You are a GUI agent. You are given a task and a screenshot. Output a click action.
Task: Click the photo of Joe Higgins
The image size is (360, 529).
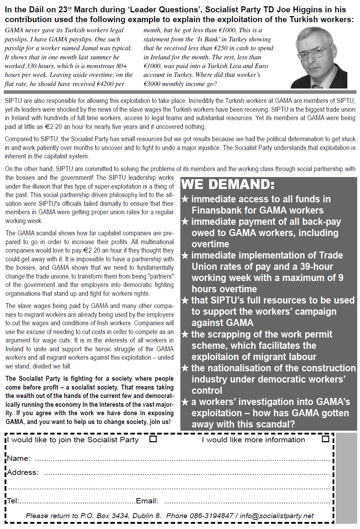[x=319, y=57]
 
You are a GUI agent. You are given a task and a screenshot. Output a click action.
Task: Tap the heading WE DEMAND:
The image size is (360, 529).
[x=228, y=185]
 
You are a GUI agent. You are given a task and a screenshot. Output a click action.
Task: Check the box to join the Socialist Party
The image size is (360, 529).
[x=153, y=439]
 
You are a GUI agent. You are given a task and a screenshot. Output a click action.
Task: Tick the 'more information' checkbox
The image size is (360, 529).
[x=326, y=439]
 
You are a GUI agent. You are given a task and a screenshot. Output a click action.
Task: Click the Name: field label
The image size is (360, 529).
[x=19, y=458]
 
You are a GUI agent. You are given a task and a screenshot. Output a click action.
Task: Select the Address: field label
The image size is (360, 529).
[x=23, y=472]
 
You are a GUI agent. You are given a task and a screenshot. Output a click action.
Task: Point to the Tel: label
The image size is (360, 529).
[x=13, y=501]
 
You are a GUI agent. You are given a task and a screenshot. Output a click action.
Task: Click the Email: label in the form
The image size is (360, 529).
[x=147, y=501]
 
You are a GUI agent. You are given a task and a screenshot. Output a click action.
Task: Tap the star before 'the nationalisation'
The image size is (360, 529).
[x=185, y=368]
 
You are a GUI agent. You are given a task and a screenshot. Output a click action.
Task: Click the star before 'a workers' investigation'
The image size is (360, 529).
[x=185, y=402]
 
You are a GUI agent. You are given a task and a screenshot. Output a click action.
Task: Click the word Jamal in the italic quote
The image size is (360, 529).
[x=107, y=48]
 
